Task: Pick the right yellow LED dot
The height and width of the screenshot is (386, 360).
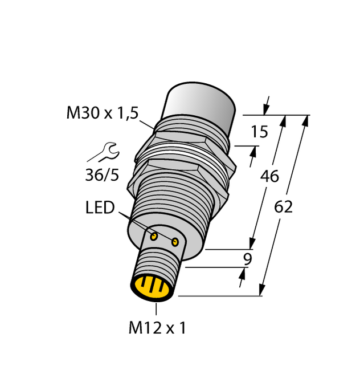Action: click(x=175, y=243)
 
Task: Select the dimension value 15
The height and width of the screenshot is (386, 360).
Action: click(x=259, y=132)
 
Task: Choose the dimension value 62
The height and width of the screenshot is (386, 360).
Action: click(x=283, y=207)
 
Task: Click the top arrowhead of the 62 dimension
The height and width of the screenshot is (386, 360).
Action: click(x=306, y=119)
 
